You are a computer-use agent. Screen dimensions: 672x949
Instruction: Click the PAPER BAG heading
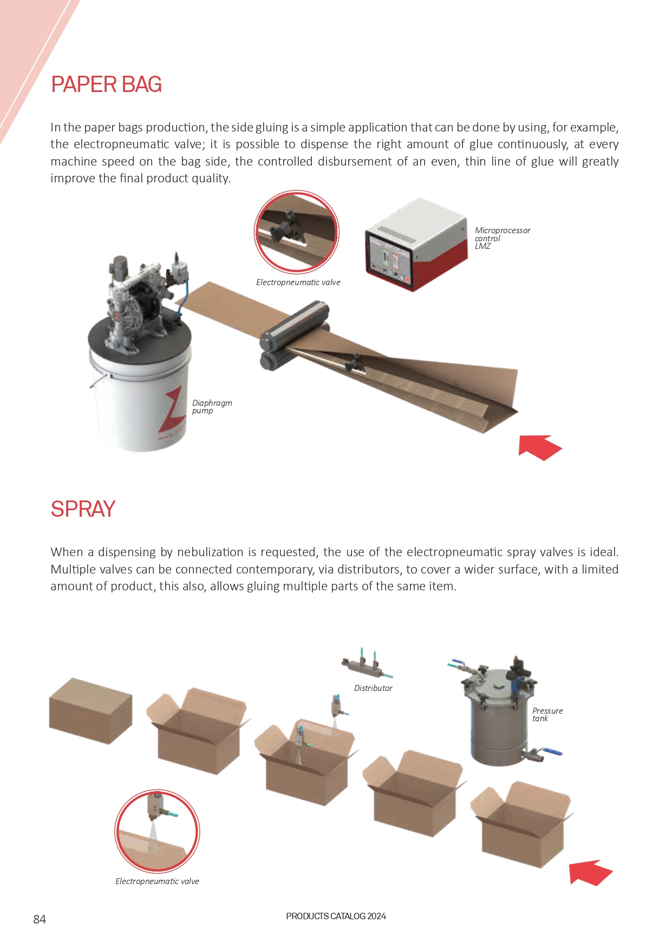[107, 84]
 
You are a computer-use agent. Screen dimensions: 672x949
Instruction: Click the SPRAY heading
[83, 509]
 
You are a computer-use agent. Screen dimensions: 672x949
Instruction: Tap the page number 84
[40, 919]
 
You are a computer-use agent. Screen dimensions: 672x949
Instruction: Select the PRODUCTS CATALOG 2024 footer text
[336, 916]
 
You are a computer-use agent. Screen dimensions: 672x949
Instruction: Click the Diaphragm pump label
[212, 406]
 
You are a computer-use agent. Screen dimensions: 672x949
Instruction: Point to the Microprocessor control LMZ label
[502, 238]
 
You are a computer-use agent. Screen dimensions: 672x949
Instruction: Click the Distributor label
[373, 688]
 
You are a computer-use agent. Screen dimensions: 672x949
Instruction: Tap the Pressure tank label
[547, 714]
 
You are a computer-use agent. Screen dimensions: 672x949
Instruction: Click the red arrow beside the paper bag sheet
[540, 447]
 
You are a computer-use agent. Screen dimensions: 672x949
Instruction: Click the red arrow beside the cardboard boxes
[590, 873]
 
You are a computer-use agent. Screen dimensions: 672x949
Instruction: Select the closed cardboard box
[90, 711]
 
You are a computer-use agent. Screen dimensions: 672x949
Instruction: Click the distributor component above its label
[367, 663]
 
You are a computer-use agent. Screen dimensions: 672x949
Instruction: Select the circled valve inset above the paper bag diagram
[297, 232]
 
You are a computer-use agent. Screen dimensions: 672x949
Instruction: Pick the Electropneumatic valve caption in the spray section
[157, 881]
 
